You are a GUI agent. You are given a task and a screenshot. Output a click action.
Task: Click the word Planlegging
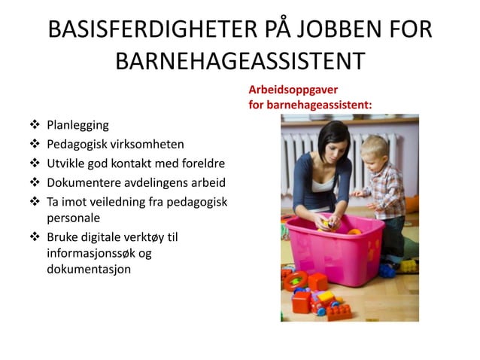point(77,125)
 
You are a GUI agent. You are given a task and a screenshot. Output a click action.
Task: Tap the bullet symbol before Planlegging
point(35,125)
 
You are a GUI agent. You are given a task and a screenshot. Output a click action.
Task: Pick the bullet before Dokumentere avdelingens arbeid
point(35,183)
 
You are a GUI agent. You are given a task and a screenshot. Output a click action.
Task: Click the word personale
point(73,218)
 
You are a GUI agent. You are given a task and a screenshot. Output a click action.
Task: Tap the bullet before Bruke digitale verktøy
point(35,237)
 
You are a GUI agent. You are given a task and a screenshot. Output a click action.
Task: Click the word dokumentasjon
point(89,269)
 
